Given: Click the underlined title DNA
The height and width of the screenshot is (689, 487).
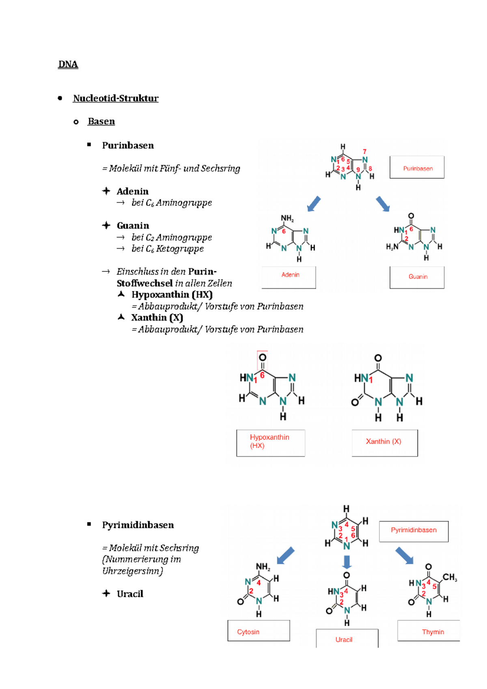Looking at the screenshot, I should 68,64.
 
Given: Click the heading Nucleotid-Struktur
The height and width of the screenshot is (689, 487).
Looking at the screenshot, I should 116,98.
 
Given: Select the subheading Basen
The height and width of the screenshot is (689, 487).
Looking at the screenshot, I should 101,121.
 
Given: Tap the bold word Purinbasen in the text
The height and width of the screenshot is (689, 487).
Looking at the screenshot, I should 128,145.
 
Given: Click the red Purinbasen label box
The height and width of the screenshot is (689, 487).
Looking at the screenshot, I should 417,168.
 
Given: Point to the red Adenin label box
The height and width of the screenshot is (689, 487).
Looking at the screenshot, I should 289,277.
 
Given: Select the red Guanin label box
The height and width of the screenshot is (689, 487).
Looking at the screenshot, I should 417,277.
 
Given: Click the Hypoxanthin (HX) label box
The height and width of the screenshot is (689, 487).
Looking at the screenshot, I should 271,442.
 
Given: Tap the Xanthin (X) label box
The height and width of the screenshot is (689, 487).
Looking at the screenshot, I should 384,442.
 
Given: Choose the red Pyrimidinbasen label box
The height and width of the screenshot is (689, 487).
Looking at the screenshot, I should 414,531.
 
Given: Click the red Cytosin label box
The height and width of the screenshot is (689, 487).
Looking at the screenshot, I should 259,631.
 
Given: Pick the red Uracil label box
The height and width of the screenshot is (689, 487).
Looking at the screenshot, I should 347,639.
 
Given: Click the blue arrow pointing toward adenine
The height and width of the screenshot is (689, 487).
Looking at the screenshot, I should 314,204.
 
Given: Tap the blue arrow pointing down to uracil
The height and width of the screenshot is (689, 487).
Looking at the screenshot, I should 347,562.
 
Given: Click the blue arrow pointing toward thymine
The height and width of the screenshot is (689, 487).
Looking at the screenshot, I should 404,556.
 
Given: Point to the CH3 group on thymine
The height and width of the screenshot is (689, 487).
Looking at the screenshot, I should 450,577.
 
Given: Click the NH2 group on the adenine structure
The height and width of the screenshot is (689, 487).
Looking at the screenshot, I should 287,218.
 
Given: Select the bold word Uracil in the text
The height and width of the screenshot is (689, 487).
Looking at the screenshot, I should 130,594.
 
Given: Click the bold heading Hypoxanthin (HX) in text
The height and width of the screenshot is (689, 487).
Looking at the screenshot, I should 172,295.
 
